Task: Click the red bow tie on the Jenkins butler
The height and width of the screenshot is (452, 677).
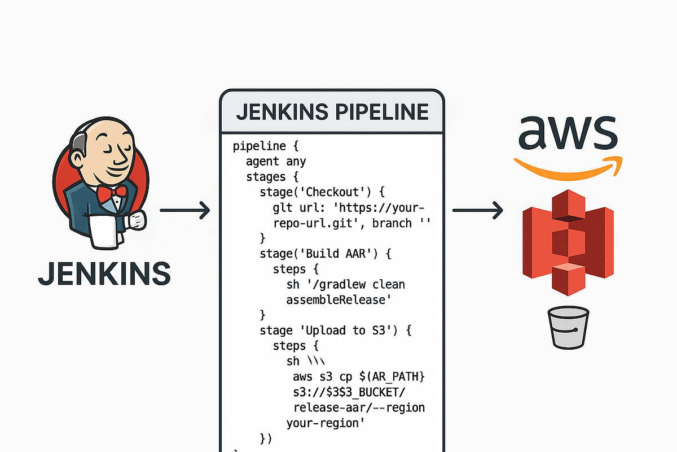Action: coord(112,193)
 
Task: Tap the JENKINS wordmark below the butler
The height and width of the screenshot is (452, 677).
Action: coord(104,273)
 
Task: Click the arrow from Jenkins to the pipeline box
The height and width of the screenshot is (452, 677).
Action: coord(184,212)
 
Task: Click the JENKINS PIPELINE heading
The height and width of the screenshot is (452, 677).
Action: coord(332,111)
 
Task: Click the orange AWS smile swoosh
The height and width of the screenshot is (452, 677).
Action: coord(567,165)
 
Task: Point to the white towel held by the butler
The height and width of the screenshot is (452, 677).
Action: coord(103,231)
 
